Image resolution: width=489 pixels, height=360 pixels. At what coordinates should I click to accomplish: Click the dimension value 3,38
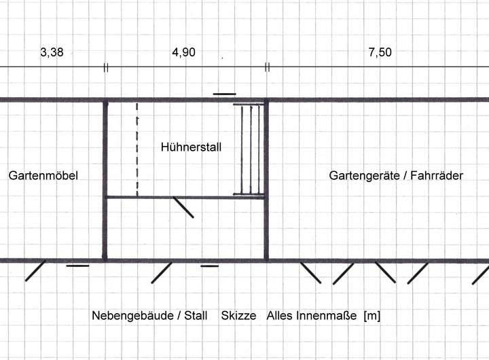[x=52, y=53]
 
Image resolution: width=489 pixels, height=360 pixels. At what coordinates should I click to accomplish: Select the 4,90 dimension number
[x=183, y=53]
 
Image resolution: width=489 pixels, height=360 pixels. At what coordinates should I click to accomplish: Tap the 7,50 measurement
[x=380, y=53]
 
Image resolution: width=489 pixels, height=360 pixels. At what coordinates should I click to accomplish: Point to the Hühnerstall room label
[x=192, y=147]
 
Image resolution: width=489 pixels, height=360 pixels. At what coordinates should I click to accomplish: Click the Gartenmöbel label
[x=43, y=175]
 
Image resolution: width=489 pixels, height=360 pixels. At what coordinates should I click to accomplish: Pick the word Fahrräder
[x=437, y=175]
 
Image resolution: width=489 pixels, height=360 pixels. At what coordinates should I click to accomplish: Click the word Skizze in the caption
[x=238, y=316]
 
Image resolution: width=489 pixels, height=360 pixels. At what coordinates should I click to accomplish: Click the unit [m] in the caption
[x=372, y=316]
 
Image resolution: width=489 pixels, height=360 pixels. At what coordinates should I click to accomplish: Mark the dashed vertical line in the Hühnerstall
[x=137, y=149]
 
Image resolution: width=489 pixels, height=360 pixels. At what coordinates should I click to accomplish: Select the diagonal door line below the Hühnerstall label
[x=183, y=207]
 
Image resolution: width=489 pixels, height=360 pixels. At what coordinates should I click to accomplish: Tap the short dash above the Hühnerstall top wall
[x=224, y=94]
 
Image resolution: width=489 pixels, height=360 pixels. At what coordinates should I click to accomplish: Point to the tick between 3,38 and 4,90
[x=105, y=67]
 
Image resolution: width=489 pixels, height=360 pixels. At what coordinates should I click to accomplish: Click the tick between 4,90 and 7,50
[x=267, y=67]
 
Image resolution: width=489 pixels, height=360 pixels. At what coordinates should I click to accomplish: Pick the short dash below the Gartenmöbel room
[x=77, y=266]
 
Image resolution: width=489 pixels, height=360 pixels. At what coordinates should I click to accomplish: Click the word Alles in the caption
[x=279, y=316]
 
